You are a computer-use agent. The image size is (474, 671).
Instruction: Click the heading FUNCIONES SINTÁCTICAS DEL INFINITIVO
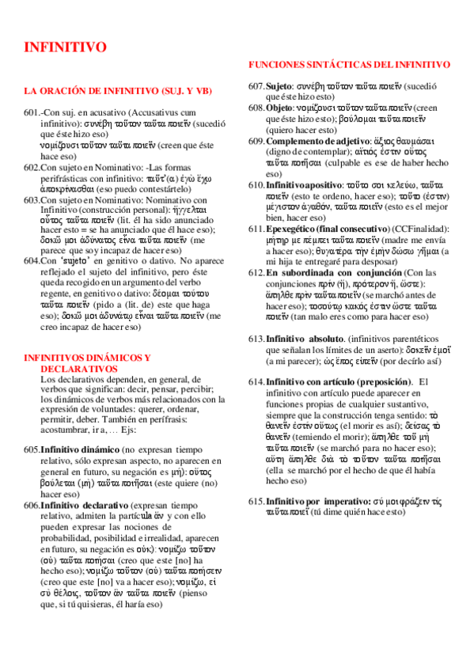click(349, 64)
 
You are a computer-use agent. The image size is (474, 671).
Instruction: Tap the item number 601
click(32, 113)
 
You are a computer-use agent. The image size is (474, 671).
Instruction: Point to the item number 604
click(32, 260)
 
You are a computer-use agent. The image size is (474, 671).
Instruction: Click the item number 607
click(256, 85)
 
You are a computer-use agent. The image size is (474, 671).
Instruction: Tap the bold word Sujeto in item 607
click(279, 85)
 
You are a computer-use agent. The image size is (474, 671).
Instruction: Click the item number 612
click(256, 273)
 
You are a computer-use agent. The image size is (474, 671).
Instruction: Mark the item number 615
click(256, 502)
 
